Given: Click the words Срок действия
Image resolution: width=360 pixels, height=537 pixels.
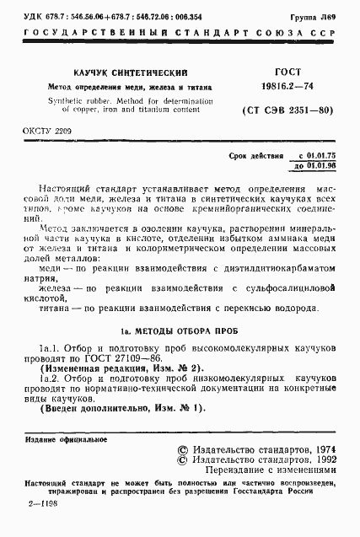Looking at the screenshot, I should click(x=256, y=157).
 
